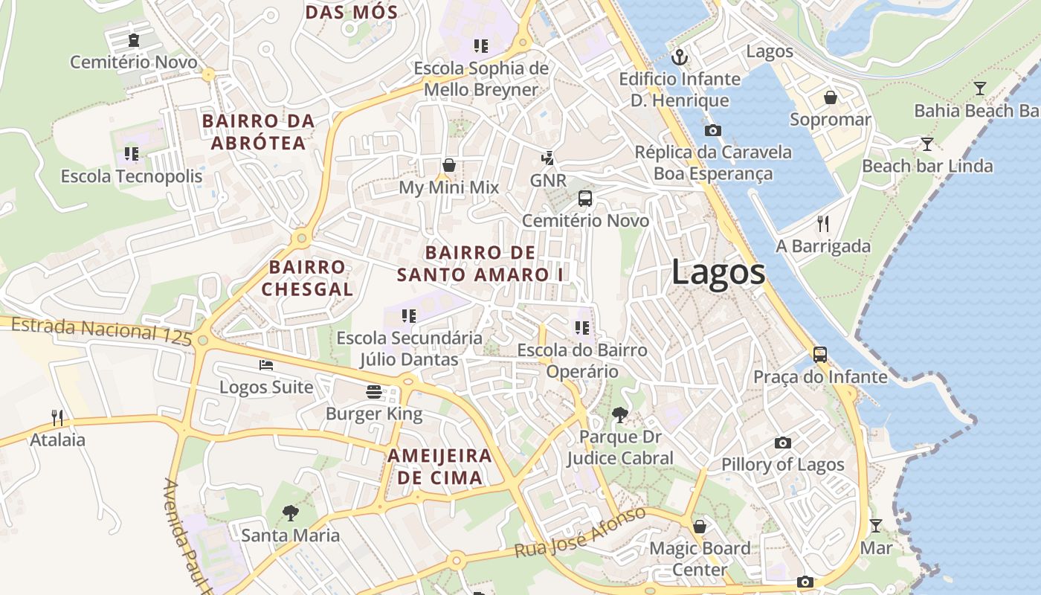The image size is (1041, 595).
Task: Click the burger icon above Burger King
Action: tap(373, 392)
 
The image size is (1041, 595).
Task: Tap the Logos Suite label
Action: tap(266, 387)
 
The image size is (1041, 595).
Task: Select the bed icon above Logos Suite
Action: tap(266, 364)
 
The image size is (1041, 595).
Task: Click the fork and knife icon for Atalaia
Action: tap(57, 417)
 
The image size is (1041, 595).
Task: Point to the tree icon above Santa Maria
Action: tap(290, 512)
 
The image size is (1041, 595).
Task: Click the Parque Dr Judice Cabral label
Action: tap(620, 448)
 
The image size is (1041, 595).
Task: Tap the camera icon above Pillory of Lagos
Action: tap(782, 443)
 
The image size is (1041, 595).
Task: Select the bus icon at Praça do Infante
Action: tap(820, 355)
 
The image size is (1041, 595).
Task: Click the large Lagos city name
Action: tap(718, 272)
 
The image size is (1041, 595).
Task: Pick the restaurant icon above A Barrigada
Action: tap(822, 223)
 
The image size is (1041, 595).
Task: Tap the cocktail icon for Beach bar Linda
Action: tap(926, 144)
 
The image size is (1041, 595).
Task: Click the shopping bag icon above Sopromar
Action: tap(830, 97)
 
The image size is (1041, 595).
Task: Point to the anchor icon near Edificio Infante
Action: tap(679, 57)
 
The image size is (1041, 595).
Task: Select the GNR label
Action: tap(548, 181)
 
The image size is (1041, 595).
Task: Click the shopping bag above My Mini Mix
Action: tap(449, 165)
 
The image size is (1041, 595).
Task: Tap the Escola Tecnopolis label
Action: tap(132, 176)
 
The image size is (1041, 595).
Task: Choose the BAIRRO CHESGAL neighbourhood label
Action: tap(307, 278)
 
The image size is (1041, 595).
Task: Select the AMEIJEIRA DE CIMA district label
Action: tap(440, 466)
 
